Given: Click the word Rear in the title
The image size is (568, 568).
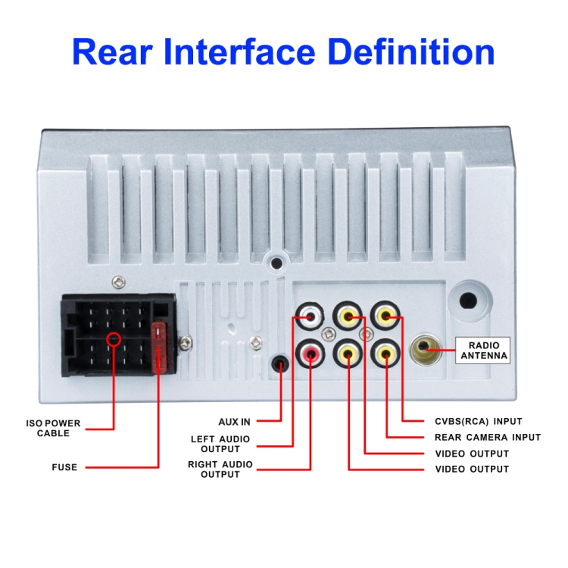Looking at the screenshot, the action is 112,51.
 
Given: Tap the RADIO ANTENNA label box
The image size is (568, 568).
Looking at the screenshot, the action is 483,351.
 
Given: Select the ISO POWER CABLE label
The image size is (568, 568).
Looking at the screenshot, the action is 53,428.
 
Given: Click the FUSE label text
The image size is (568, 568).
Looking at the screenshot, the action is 64,467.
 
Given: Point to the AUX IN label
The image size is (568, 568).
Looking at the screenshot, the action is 234,422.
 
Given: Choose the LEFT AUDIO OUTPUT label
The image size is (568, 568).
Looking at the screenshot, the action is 220,444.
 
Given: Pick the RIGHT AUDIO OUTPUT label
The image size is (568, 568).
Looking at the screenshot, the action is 220,469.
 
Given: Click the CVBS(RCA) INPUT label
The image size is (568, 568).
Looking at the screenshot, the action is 478,421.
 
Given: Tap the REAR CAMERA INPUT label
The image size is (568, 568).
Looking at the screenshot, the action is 488,437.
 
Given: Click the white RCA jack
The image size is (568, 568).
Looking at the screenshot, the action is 310,317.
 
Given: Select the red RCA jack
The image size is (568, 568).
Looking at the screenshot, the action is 310,353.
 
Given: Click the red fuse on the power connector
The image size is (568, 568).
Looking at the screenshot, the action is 159,347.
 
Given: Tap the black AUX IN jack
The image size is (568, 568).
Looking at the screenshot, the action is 280,364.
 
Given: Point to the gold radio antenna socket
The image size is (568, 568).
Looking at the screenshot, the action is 426,349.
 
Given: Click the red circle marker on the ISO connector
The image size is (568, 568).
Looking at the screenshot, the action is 114,339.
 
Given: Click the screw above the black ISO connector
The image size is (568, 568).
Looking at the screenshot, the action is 118,282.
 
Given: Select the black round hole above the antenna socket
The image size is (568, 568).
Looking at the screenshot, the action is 468,301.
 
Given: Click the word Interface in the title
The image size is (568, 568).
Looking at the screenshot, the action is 239,51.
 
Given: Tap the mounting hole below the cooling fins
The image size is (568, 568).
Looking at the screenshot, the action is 276,263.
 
